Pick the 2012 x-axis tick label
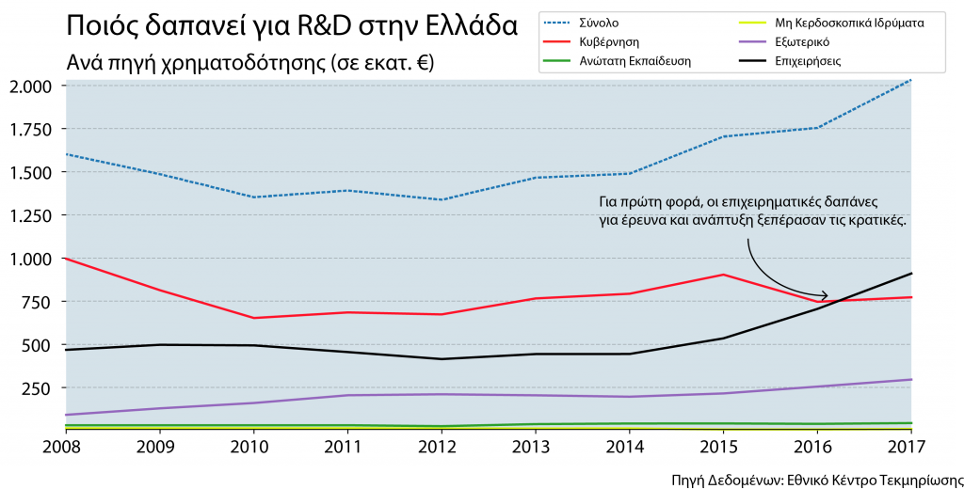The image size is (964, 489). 442,445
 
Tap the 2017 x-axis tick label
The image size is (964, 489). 910,445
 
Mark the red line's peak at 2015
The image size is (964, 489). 723,275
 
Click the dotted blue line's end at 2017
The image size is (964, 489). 911,80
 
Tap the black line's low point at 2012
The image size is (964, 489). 442,359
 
